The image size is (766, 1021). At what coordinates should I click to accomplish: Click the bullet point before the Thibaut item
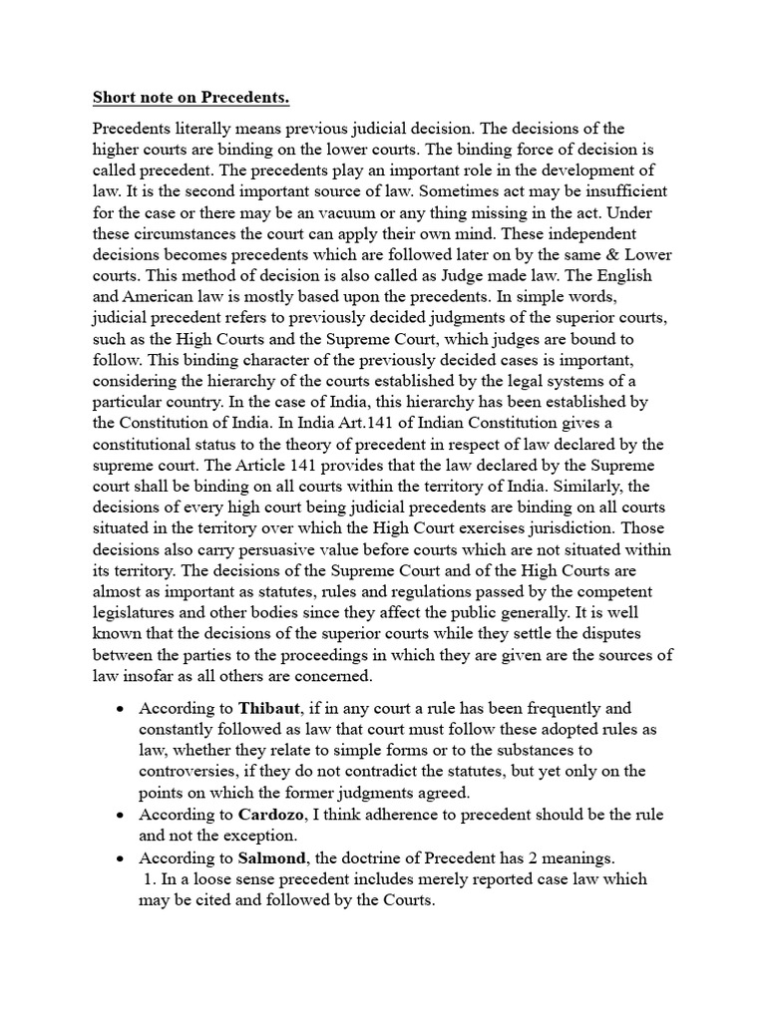[121, 709]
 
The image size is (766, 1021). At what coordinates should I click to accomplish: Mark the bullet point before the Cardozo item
[121, 816]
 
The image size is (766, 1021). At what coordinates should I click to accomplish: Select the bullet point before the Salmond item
[121, 858]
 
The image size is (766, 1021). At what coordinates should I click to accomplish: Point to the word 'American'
[166, 297]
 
